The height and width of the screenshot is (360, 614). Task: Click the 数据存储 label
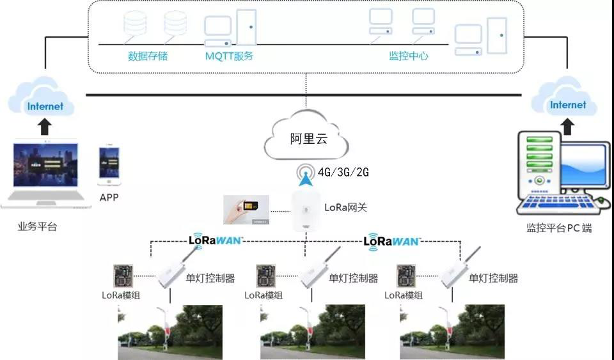(148, 56)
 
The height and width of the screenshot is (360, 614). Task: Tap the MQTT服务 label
(229, 56)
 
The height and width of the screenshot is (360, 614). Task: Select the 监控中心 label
(408, 56)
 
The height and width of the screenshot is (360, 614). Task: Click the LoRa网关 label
(346, 207)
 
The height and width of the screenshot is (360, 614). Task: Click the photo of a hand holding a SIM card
(246, 210)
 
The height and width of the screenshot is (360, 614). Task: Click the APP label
(109, 198)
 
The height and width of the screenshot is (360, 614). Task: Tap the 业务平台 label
(37, 226)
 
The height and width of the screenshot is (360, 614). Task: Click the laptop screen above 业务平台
(45, 164)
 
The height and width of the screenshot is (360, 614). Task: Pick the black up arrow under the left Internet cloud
(44, 127)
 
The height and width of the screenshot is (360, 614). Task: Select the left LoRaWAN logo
(216, 241)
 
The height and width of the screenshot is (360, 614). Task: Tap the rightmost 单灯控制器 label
(493, 278)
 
